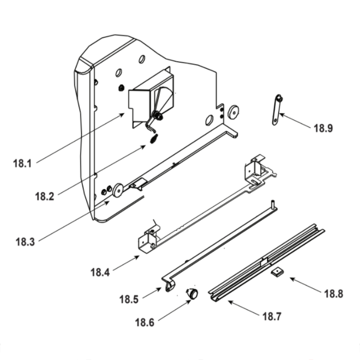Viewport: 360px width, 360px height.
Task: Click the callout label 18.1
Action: [x=22, y=163]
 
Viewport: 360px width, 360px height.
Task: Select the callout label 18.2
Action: [x=44, y=197]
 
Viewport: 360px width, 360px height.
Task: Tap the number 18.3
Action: [x=25, y=242]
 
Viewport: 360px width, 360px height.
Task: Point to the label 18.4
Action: [x=100, y=272]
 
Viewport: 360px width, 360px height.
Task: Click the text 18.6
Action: [x=144, y=323]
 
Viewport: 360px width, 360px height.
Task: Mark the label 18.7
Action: [x=272, y=317]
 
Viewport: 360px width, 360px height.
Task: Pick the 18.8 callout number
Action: [x=333, y=294]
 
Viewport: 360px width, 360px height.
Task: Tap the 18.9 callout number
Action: [x=323, y=128]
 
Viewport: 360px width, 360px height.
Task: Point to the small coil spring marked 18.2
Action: [x=153, y=139]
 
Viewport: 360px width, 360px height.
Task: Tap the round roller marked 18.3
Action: [x=117, y=190]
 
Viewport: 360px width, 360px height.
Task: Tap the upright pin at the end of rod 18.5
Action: [x=274, y=204]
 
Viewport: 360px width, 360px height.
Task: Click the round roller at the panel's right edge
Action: [x=234, y=113]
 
